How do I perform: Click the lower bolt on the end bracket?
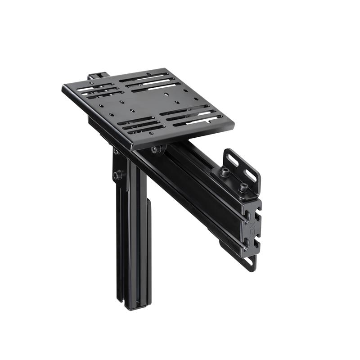[x=243, y=187]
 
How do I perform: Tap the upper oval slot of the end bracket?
[x=233, y=159]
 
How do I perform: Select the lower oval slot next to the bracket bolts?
[x=251, y=176]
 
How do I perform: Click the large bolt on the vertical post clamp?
[x=118, y=175]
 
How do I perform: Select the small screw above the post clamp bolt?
[x=116, y=152]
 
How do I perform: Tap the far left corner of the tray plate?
[x=63, y=88]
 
